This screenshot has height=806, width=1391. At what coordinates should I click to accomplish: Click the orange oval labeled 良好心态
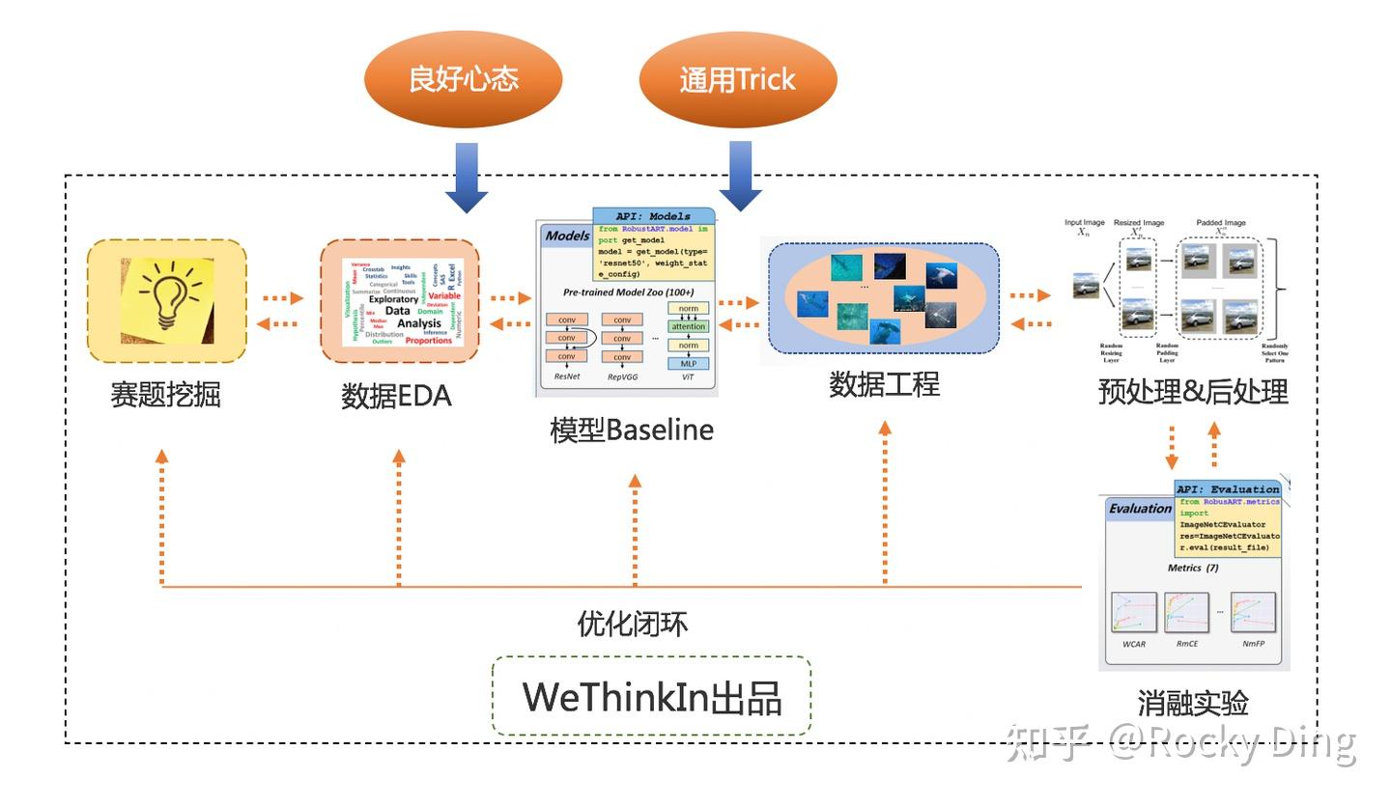click(464, 79)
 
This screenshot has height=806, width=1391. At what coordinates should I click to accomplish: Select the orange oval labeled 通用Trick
click(737, 79)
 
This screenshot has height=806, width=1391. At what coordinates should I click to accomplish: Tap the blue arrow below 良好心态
click(467, 178)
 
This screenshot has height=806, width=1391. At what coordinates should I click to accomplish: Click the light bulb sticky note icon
click(167, 300)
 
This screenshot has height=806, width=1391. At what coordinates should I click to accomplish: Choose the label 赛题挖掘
click(165, 395)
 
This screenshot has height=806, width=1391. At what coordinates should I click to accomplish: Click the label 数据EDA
click(396, 397)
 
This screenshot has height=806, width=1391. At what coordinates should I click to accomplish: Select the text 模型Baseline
click(632, 430)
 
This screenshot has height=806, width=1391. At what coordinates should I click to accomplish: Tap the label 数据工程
click(884, 384)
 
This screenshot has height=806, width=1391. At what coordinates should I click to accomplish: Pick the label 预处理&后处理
click(1193, 392)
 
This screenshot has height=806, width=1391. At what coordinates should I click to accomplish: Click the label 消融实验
click(1193, 703)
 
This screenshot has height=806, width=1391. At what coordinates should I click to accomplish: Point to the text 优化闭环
click(632, 625)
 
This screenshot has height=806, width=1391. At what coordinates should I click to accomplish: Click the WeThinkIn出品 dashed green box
click(651, 697)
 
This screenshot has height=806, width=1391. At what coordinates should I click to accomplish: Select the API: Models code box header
click(653, 216)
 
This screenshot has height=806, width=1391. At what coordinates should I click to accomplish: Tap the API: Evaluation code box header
click(1228, 489)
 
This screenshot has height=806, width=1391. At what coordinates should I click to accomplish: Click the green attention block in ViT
click(688, 327)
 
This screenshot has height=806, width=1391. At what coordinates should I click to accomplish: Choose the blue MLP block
click(688, 364)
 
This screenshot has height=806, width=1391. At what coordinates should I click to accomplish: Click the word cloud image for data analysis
click(400, 301)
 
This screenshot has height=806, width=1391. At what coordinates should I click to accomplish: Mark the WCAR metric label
click(1134, 644)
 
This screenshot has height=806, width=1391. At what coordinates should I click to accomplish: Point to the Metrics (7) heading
click(1193, 568)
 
